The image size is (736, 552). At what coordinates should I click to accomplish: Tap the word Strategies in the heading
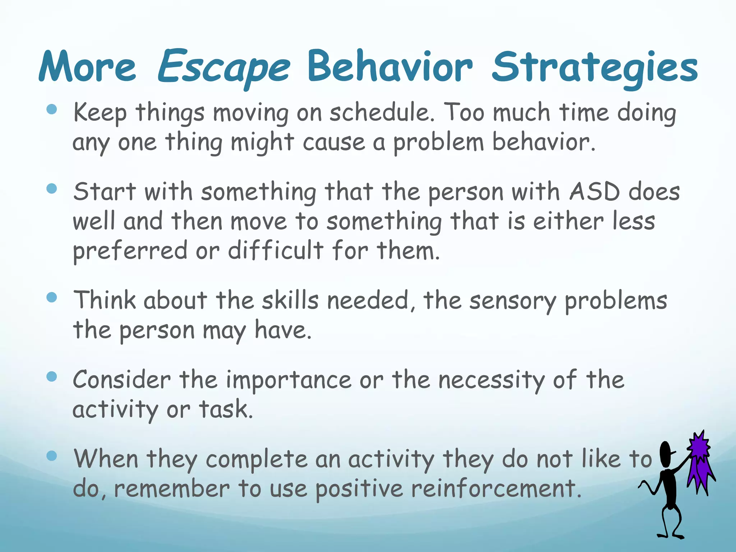pos(595,68)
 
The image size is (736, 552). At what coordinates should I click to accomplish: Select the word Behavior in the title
pos(390,67)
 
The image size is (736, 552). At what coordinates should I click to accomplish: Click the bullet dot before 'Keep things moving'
pos(52,109)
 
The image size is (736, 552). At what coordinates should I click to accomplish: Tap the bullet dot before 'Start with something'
pos(52,189)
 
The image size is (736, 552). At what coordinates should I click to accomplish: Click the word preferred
pos(130,251)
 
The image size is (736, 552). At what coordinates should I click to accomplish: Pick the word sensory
pos(513,301)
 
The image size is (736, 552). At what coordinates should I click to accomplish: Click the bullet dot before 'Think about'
pos(52,298)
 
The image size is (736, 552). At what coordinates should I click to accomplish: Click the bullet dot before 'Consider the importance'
pos(52,377)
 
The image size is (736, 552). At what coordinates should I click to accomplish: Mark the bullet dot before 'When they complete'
pos(52,456)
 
